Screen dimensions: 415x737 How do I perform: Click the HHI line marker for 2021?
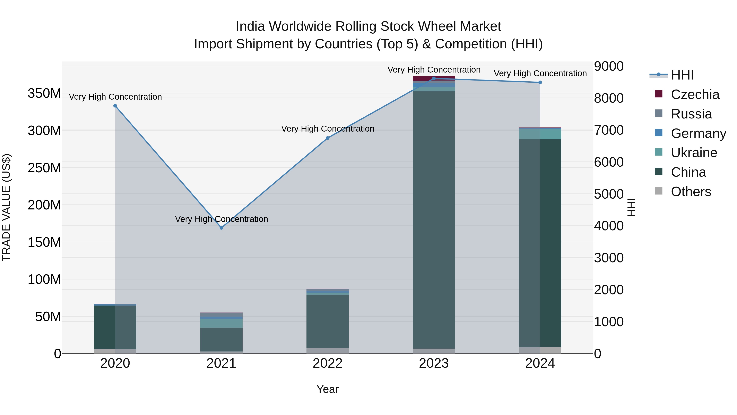click(x=221, y=228)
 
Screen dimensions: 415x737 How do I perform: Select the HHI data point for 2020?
click(x=115, y=106)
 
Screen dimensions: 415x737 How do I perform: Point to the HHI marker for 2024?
click(x=540, y=82)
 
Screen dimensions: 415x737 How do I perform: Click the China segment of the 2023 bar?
click(x=434, y=218)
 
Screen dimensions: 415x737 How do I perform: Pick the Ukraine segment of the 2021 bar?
click(x=221, y=323)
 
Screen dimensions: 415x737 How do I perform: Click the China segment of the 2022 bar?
click(x=328, y=321)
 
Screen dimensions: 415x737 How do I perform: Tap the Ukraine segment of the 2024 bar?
click(x=540, y=134)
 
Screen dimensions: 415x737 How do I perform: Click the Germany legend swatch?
click(x=659, y=133)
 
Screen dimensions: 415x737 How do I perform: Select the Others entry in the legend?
click(x=691, y=191)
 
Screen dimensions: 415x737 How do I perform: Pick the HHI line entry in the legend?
click(x=682, y=75)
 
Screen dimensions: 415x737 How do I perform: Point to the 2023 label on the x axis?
click(x=434, y=363)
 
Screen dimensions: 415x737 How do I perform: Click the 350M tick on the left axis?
click(x=44, y=93)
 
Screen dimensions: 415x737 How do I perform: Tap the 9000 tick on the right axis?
click(x=609, y=66)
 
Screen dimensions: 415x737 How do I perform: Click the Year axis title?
click(x=328, y=389)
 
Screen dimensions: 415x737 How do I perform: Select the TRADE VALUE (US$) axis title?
click(x=6, y=207)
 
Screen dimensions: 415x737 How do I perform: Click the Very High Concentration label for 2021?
click(x=222, y=219)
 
